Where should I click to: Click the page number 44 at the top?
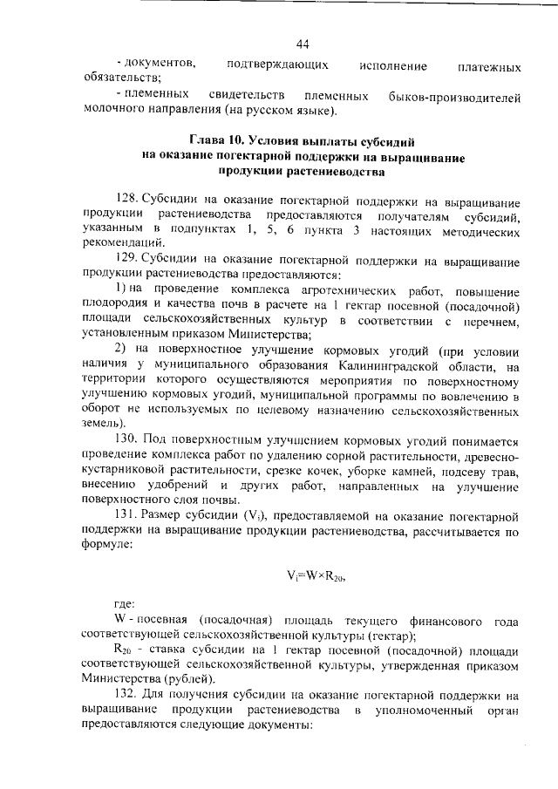(303, 45)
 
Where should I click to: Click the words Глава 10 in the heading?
(217, 140)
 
